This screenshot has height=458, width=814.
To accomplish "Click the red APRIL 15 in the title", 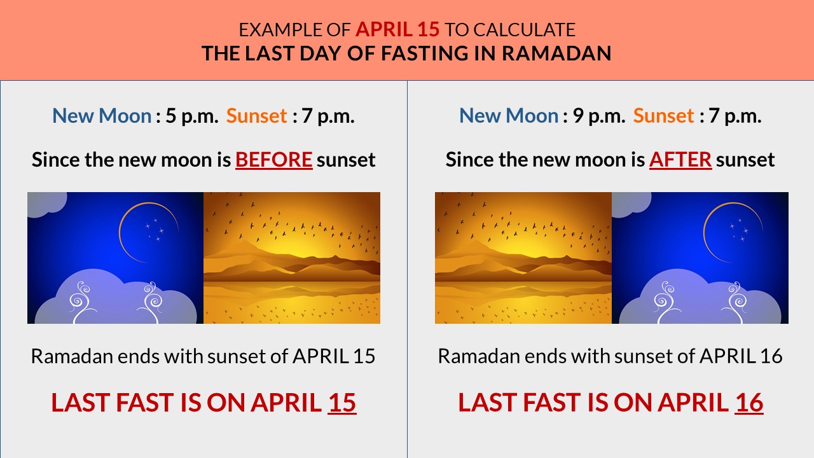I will [x=397, y=29].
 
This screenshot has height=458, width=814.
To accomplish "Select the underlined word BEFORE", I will [x=273, y=159].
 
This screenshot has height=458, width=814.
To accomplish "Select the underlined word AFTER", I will [x=680, y=159].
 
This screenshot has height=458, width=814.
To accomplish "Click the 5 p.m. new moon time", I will [x=191, y=116].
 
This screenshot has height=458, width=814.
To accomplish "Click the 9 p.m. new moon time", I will [x=598, y=116].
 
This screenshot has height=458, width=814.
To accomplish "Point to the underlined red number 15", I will [x=341, y=403].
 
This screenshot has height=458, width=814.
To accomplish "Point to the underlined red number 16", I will [x=748, y=403].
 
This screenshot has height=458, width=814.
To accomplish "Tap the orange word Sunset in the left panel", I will [x=257, y=116].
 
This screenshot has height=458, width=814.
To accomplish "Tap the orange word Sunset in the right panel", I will [x=664, y=116].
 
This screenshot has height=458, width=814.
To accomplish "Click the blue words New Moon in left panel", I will [x=102, y=116].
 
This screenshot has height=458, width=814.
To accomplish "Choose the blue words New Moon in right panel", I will [x=509, y=116].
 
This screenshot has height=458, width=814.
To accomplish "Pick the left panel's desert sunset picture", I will [x=292, y=258].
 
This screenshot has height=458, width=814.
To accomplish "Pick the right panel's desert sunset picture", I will [x=523, y=258].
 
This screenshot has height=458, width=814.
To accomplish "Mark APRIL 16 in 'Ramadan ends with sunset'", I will [x=740, y=356].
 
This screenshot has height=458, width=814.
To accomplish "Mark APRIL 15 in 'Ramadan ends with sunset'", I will [x=333, y=356].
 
